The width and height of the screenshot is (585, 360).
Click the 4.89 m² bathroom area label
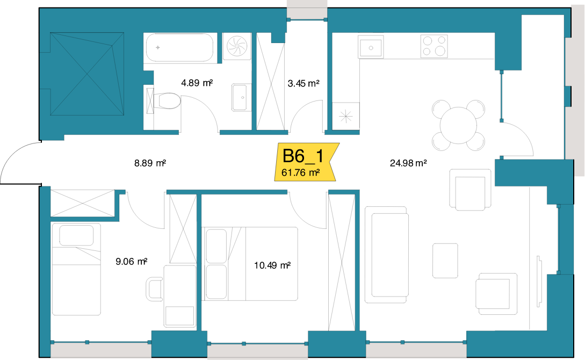click(x=197, y=82)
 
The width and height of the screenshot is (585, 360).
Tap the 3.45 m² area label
click(x=304, y=83)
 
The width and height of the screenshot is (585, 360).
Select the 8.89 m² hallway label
click(x=150, y=163)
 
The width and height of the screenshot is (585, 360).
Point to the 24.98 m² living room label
click(x=408, y=163)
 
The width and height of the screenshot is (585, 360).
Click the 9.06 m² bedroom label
click(x=131, y=262)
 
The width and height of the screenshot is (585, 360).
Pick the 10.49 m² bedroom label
click(x=272, y=265)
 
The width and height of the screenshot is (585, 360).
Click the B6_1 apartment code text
click(x=303, y=156)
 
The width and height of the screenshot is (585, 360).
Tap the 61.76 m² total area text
click(x=301, y=172)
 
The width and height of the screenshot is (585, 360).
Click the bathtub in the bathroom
click(x=179, y=47)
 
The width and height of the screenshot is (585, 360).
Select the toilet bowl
click(x=168, y=100)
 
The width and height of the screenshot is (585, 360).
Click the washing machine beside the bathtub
click(x=237, y=46)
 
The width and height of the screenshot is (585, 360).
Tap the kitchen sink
click(x=371, y=47)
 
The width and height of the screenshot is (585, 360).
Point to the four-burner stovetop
click(x=434, y=46)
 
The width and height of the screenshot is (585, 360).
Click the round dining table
click(x=459, y=125)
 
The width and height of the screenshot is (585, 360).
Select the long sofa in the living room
click(x=387, y=255)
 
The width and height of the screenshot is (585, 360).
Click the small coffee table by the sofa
click(x=445, y=261)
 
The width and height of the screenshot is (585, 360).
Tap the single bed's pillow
click(x=76, y=235)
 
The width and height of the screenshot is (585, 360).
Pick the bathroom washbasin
click(x=239, y=97)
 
